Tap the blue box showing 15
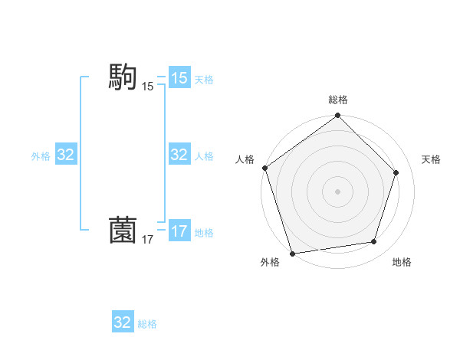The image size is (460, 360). click(179, 78)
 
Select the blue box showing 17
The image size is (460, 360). click(179, 231)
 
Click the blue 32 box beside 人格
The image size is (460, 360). click(179, 155)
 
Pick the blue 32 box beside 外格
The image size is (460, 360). click(65, 155)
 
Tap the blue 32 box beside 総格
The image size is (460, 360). click(123, 322)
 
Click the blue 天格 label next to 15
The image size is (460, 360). click(204, 79)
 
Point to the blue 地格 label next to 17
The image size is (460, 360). click(204, 232)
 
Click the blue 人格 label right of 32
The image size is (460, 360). click(204, 155)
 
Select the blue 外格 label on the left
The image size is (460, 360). click(41, 155)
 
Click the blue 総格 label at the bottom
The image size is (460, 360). click(147, 324)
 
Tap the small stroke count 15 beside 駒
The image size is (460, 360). click(147, 87)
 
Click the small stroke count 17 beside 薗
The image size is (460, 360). click(147, 241)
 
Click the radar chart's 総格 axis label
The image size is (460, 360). click(338, 100)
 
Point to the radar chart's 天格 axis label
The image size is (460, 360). click(431, 159)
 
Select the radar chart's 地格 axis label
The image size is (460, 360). click(402, 262)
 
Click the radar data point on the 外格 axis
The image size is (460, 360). click(292, 253)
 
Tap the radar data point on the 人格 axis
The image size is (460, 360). click(264, 168)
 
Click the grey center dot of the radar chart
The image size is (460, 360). click(338, 191)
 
